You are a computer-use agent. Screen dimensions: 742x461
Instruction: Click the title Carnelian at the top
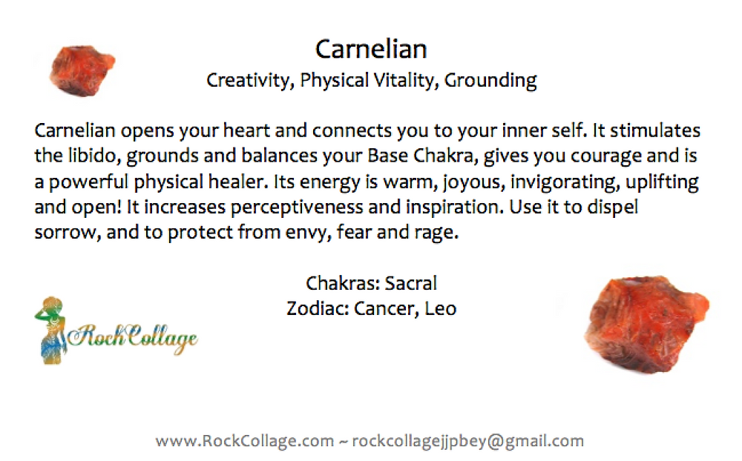coord(371,49)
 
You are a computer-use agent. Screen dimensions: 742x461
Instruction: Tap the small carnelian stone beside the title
coord(82,71)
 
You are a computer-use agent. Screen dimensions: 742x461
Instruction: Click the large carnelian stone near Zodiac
coord(646,325)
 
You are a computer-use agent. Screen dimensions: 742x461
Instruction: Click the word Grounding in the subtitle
coord(490,80)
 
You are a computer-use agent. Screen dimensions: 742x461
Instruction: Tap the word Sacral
coord(410,283)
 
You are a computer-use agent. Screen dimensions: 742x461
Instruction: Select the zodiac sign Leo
coord(441,309)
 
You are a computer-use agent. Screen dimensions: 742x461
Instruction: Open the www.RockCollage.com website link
coord(244,441)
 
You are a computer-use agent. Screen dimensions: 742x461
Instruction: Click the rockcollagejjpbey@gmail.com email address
coord(468,441)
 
